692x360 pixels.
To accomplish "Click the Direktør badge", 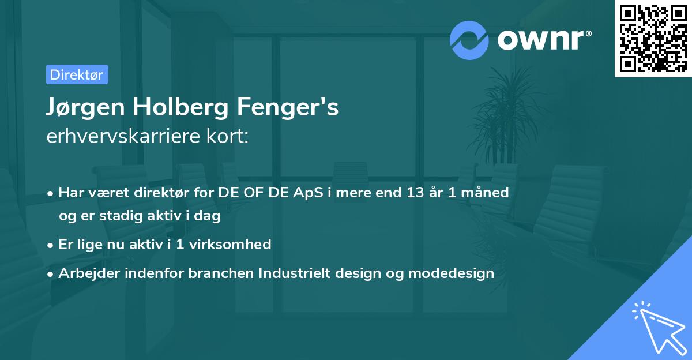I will pyautogui.click(x=77, y=74).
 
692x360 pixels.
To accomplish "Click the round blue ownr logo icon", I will pyautogui.click(x=469, y=40).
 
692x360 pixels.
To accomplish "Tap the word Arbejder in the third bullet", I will pyautogui.click(x=86, y=273).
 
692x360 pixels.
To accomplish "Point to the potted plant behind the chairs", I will pyautogui.click(x=507, y=115).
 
